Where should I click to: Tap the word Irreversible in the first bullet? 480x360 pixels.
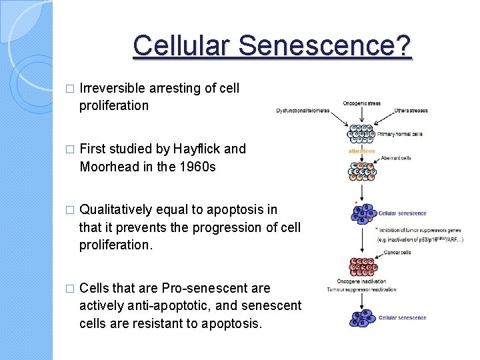tap(114, 88)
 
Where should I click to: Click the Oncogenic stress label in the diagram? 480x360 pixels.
tap(361, 103)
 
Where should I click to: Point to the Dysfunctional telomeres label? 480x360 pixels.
tap(303, 111)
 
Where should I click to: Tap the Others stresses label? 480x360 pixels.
tap(411, 111)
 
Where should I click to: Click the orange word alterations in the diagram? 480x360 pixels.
tap(361, 151)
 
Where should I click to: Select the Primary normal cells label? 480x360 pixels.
tap(401, 133)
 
